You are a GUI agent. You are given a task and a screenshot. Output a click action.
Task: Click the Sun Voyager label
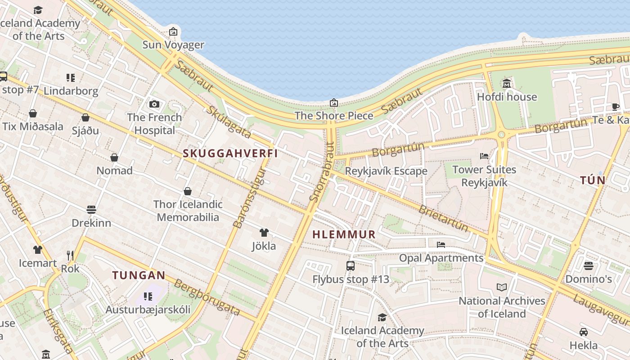click(173, 45)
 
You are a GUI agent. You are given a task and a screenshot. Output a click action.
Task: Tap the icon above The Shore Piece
click(333, 103)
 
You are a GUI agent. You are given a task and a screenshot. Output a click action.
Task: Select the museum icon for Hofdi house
click(507, 84)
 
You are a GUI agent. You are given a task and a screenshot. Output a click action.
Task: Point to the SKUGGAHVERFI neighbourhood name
click(230, 153)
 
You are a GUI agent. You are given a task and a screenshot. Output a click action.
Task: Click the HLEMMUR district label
click(344, 234)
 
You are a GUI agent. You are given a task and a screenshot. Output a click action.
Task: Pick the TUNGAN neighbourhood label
click(139, 275)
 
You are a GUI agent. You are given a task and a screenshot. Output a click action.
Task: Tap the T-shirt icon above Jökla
click(264, 233)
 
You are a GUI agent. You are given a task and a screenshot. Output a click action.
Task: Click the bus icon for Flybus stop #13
click(351, 266)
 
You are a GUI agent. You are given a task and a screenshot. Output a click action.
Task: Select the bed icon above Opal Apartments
click(441, 245)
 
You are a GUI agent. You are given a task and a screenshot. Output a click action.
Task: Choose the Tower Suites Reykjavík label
click(484, 176)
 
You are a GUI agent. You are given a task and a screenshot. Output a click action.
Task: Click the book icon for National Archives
click(502, 287)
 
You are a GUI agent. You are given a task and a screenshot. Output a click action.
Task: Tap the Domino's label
click(588, 279)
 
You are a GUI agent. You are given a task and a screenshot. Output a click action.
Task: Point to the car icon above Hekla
click(584, 332)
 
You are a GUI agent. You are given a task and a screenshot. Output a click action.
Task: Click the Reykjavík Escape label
click(386, 171)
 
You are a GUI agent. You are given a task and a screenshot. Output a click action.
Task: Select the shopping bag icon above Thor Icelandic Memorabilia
click(188, 191)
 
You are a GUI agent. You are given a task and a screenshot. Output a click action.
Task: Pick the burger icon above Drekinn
click(91, 210)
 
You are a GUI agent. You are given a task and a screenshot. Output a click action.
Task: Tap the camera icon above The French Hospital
click(154, 104)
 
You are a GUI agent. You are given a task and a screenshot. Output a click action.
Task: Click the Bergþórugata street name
click(207, 297)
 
